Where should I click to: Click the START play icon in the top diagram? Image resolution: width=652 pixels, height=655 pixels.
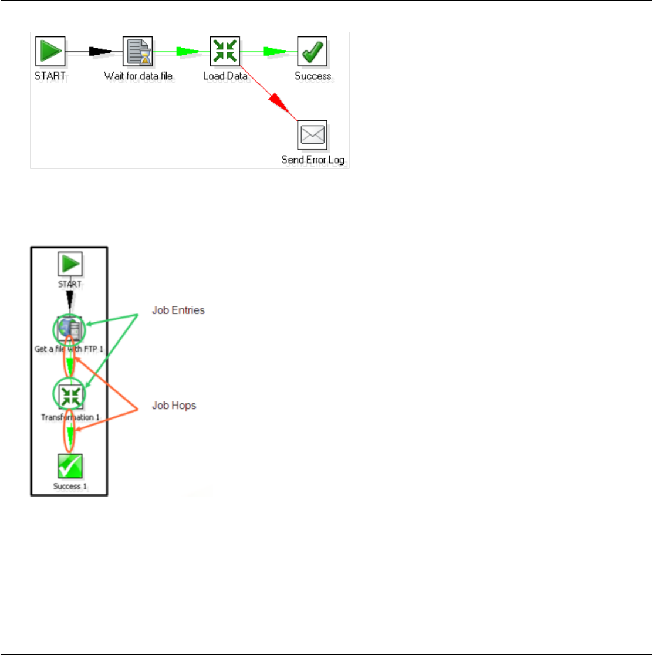pyautogui.click(x=50, y=52)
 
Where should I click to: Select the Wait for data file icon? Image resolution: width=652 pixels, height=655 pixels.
pyautogui.click(x=138, y=52)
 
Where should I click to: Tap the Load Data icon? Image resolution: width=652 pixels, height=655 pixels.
pyautogui.click(x=225, y=52)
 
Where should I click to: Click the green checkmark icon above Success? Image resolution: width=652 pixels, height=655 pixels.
pyautogui.click(x=312, y=52)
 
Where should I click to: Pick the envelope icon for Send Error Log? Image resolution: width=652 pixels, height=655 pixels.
pyautogui.click(x=312, y=136)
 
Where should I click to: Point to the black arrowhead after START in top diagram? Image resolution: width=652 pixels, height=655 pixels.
pyautogui.click(x=100, y=52)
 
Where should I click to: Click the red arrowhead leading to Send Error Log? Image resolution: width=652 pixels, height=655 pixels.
pyautogui.click(x=280, y=105)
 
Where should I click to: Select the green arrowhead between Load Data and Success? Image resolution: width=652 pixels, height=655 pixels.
pyautogui.click(x=275, y=52)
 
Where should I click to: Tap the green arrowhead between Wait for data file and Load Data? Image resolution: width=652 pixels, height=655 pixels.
pyautogui.click(x=188, y=52)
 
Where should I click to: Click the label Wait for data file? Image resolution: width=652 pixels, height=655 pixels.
pyautogui.click(x=140, y=76)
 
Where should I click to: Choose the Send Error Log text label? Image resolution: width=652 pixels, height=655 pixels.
pyautogui.click(x=312, y=160)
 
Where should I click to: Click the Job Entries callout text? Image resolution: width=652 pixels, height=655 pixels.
pyautogui.click(x=178, y=310)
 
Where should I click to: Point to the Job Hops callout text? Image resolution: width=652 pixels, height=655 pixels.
pyautogui.click(x=174, y=406)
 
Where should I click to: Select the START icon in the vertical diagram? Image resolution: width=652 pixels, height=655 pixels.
pyautogui.click(x=69, y=264)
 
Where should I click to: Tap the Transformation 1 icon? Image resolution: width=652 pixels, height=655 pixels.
pyautogui.click(x=70, y=394)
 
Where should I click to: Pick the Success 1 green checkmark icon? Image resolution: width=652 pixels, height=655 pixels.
pyautogui.click(x=70, y=466)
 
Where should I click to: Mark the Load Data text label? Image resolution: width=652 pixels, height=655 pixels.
pyautogui.click(x=225, y=76)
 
